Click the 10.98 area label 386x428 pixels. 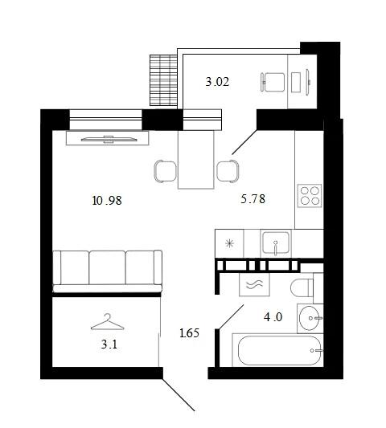pyautogui.click(x=107, y=201)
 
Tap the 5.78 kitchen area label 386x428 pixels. pyautogui.click(x=253, y=199)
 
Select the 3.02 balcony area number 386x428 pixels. pyautogui.click(x=217, y=82)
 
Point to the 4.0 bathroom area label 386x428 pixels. pyautogui.click(x=273, y=317)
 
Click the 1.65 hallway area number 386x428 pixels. pyautogui.click(x=190, y=333)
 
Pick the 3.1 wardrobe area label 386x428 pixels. pyautogui.click(x=109, y=344)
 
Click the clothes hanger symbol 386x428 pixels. pyautogui.click(x=108, y=322)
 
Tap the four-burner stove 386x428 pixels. pyautogui.click(x=310, y=196)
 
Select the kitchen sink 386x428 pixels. pyautogui.click(x=276, y=243)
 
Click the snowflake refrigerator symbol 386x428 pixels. pyautogui.click(x=229, y=243)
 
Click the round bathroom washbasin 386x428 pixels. pyautogui.click(x=310, y=318)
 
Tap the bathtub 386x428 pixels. pyautogui.click(x=279, y=350)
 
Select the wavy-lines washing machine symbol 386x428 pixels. pyautogui.click(x=254, y=284)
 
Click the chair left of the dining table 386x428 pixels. pyautogui.click(x=166, y=171)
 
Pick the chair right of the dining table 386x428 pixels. pyautogui.click(x=228, y=171)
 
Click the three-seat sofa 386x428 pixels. pyautogui.click(x=107, y=271)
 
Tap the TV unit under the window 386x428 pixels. pyautogui.click(x=107, y=138)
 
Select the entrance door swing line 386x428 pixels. pyautogui.click(x=179, y=394)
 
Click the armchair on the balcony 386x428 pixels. pyautogui.click(x=273, y=82)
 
